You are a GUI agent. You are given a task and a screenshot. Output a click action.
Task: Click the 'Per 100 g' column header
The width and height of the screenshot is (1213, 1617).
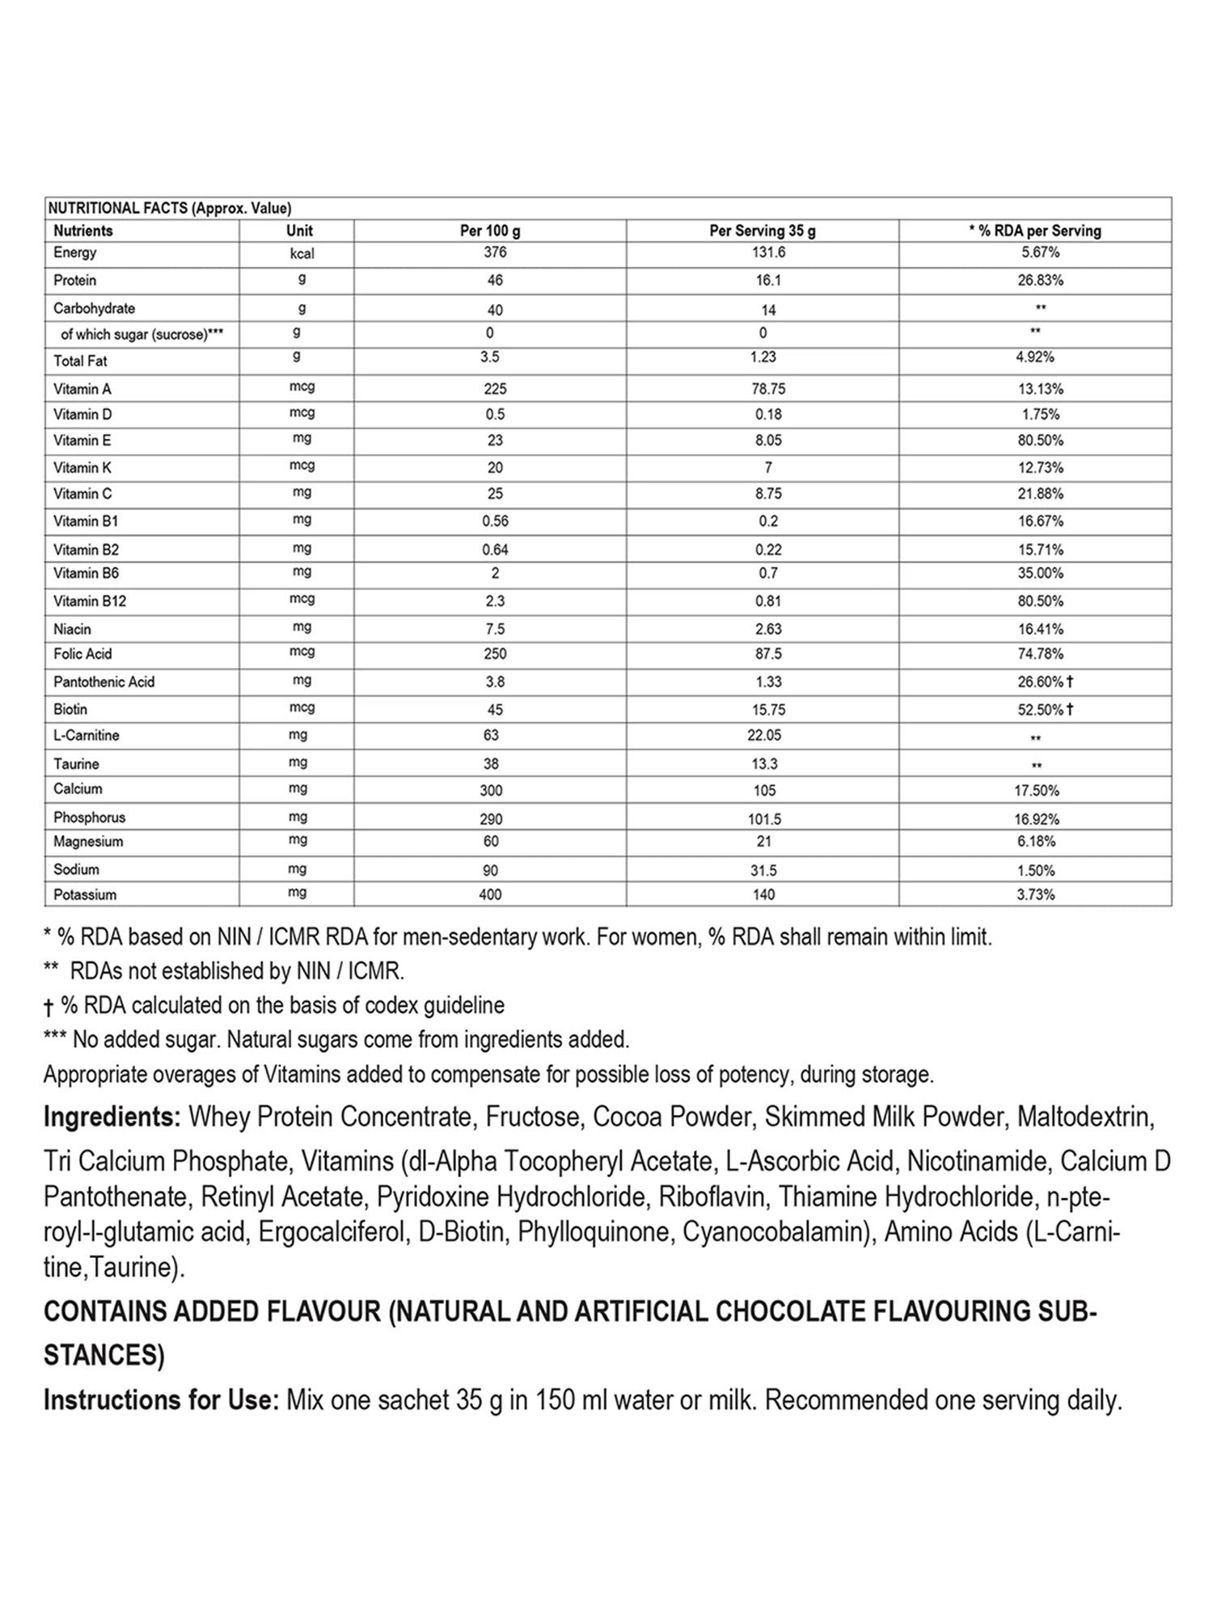[x=490, y=231]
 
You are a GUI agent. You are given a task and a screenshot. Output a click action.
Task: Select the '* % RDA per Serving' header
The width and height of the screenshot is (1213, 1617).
[x=1035, y=231]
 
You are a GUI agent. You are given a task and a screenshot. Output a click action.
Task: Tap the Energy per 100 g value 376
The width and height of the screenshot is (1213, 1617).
[x=495, y=252]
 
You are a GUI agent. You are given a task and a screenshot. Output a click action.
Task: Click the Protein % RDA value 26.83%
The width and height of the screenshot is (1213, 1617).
[x=1040, y=281]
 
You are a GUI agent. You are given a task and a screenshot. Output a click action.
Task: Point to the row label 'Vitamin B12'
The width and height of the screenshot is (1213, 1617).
[x=90, y=602]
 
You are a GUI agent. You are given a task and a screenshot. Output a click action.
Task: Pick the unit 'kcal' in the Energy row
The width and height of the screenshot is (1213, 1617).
[x=302, y=254]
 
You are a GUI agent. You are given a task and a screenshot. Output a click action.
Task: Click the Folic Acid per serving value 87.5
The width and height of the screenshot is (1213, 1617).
[x=768, y=654]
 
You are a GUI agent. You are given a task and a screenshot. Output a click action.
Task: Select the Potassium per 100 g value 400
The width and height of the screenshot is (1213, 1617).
[x=490, y=895]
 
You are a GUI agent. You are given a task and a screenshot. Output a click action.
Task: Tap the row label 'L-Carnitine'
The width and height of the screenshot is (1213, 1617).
[x=87, y=736]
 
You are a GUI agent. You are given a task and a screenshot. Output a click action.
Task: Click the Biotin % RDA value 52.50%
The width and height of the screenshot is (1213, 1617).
[x=1040, y=710]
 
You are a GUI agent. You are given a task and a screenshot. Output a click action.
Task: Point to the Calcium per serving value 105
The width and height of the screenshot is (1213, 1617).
[x=764, y=790]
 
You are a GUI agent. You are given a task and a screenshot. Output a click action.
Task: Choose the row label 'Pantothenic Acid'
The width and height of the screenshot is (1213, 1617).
[x=104, y=682]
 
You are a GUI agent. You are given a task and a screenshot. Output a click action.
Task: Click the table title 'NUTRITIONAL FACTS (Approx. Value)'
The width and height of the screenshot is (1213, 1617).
[x=170, y=209]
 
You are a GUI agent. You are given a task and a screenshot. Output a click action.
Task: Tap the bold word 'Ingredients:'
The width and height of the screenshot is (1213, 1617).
[x=112, y=1117]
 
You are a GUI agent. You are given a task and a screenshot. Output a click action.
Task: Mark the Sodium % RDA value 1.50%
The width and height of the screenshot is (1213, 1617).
[x=1035, y=871]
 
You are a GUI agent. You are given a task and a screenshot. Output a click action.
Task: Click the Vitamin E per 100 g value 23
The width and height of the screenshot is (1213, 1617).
[x=495, y=441]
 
